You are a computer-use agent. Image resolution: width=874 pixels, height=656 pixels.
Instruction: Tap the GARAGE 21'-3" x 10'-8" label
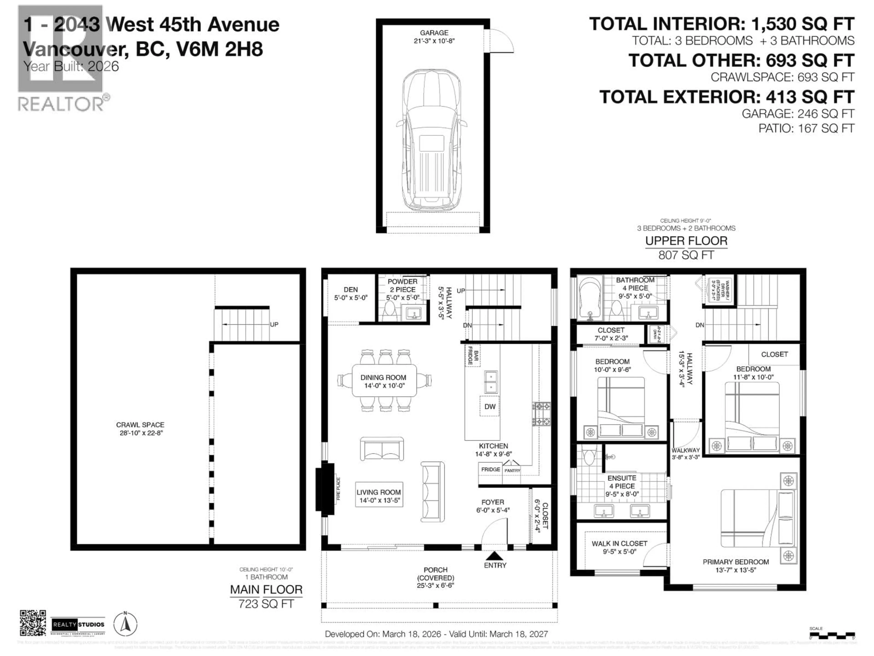tap(434, 37)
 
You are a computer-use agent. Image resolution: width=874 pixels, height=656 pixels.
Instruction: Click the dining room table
tap(384, 381)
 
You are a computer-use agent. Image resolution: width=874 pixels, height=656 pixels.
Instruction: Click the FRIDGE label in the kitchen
tap(490, 469)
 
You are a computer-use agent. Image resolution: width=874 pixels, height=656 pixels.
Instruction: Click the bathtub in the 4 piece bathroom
tap(589, 297)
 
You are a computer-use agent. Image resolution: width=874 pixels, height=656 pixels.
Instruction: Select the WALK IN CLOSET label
tap(619, 547)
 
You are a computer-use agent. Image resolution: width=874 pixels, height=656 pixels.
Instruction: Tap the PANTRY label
tap(512, 470)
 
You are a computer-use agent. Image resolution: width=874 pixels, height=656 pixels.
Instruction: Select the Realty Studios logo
tap(78, 625)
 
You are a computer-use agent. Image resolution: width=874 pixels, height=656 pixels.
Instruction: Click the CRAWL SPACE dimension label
tap(140, 429)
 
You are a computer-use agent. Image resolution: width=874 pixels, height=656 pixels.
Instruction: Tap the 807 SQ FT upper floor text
tap(686, 255)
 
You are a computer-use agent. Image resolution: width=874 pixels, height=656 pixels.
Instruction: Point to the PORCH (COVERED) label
tap(435, 577)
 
